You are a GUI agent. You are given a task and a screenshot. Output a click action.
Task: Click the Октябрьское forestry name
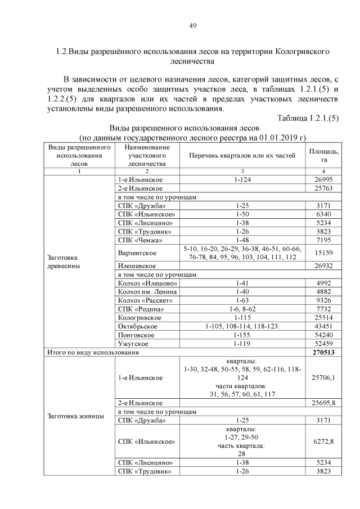coord(138,326)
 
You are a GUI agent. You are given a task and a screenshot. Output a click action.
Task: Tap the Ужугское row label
coord(133,343)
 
